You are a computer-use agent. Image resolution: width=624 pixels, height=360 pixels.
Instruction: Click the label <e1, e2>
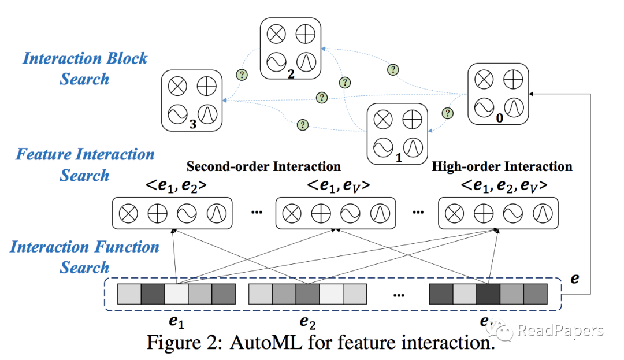[174, 186]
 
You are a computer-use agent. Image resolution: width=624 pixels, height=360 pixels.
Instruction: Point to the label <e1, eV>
[338, 186]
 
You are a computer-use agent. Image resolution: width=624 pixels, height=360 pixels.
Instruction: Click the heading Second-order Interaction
[263, 167]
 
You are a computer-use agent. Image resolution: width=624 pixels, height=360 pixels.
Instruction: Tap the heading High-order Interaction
[502, 167]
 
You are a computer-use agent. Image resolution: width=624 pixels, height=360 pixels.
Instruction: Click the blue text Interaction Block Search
[85, 68]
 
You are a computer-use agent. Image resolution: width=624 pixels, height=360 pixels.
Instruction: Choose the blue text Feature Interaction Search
[85, 165]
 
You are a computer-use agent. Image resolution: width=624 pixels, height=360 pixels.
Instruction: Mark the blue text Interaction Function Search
[85, 257]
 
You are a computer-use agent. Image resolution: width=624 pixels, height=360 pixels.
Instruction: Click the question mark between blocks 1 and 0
[447, 113]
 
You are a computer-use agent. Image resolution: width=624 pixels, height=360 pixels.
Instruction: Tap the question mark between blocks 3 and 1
[302, 125]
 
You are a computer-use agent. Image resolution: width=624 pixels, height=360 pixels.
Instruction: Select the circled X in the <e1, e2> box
[128, 214]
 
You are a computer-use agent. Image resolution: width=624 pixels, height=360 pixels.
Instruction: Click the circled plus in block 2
[304, 34]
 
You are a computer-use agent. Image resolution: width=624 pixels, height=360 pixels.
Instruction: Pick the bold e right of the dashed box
[574, 278]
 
